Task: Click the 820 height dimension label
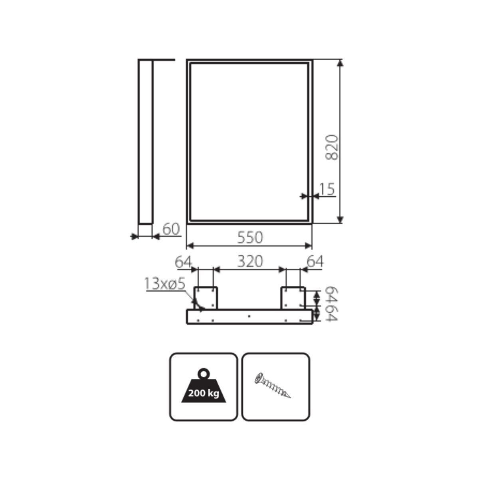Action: coord(332,147)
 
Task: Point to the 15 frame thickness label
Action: coord(327,189)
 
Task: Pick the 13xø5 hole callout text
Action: coord(165,284)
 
